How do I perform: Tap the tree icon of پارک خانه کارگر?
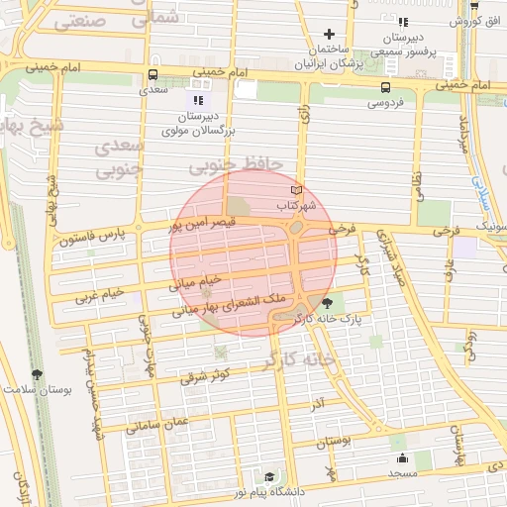[329, 303]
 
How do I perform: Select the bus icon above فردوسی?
[386, 87]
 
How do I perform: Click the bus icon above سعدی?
[152, 74]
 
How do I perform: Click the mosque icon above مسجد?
[403, 458]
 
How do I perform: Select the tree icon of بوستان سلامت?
[38, 374]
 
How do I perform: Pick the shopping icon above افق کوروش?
[474, 5]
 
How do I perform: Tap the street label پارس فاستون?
[92, 238]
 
